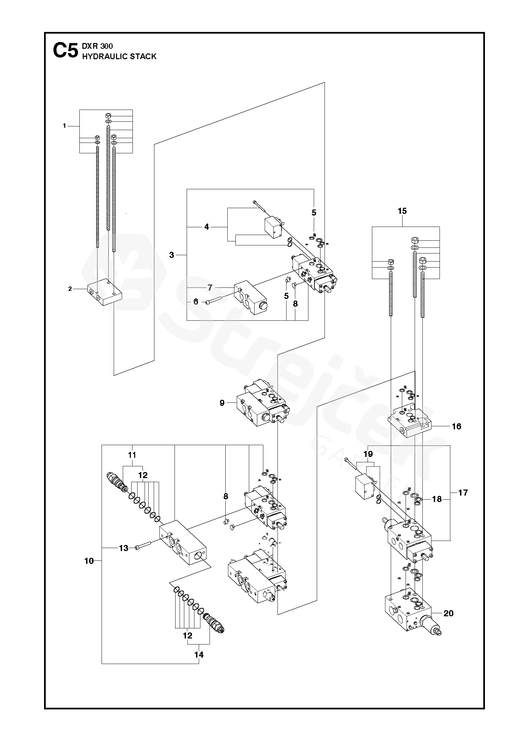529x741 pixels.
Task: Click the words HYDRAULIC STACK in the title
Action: click(x=119, y=56)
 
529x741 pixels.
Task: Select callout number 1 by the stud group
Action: click(x=64, y=126)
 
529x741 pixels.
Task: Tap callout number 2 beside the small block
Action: click(x=70, y=289)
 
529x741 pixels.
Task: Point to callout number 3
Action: click(x=172, y=255)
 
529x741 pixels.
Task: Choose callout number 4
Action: click(x=206, y=227)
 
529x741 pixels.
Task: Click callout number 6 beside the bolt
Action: click(x=196, y=302)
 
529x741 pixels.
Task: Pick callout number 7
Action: click(x=210, y=287)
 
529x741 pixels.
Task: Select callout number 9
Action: click(x=222, y=402)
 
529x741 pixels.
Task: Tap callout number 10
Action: click(x=89, y=561)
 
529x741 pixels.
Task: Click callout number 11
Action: click(x=132, y=455)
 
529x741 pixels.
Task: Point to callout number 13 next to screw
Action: click(x=124, y=548)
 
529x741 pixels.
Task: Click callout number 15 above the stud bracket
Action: click(x=402, y=211)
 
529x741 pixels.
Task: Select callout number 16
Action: click(x=456, y=426)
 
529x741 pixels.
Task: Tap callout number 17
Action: click(x=463, y=493)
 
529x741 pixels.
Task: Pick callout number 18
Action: click(x=437, y=499)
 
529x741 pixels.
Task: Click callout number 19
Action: click(x=368, y=454)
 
